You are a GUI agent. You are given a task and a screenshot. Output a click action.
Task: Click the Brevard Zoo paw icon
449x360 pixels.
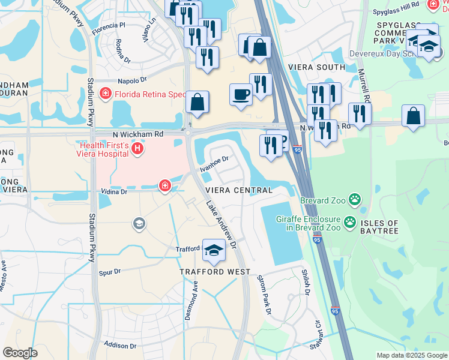356,199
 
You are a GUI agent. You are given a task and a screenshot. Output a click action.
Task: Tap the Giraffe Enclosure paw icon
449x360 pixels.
350,224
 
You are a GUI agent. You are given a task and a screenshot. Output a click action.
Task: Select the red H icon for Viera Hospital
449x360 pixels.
137,148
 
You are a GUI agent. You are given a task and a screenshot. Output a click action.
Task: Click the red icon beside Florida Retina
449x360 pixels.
106,94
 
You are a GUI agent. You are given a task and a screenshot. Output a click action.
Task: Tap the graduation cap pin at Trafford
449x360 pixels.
212,251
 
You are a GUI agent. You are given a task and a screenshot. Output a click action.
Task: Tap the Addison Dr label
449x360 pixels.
120,346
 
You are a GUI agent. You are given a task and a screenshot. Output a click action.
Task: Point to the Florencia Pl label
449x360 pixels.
109,28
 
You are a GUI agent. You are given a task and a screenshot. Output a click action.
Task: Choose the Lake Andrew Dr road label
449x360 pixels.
221,225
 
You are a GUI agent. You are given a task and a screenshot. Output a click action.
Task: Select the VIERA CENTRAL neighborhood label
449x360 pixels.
239,190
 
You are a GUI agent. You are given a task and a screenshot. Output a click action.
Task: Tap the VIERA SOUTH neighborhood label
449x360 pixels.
316,68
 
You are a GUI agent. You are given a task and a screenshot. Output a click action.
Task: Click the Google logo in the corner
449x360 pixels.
20,353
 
